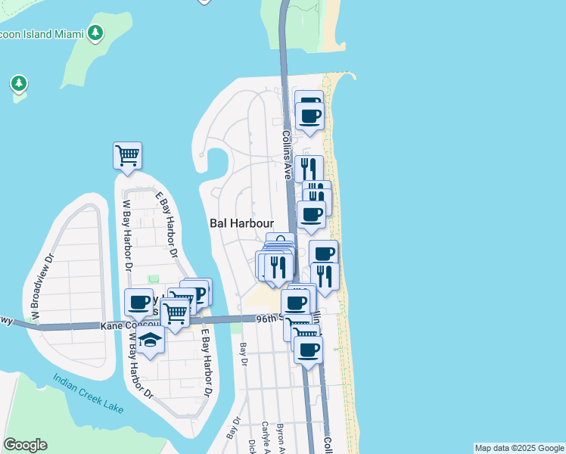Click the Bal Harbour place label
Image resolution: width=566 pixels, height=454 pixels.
tap(241, 224)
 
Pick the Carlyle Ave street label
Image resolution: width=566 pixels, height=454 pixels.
tap(266, 436)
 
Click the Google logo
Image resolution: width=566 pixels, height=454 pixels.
tap(25, 445)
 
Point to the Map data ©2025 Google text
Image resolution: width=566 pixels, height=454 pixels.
tap(518, 448)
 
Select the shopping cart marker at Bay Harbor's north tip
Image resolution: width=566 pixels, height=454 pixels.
tap(128, 155)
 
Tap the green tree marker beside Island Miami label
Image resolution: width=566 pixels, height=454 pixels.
tap(95, 33)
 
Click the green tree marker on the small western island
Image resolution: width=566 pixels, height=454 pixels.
tap(19, 82)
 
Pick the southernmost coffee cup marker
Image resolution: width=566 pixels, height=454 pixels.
tap(308, 350)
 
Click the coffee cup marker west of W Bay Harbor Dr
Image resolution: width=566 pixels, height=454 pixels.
tap(138, 303)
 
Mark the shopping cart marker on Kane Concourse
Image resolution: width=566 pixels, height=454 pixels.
tap(175, 312)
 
